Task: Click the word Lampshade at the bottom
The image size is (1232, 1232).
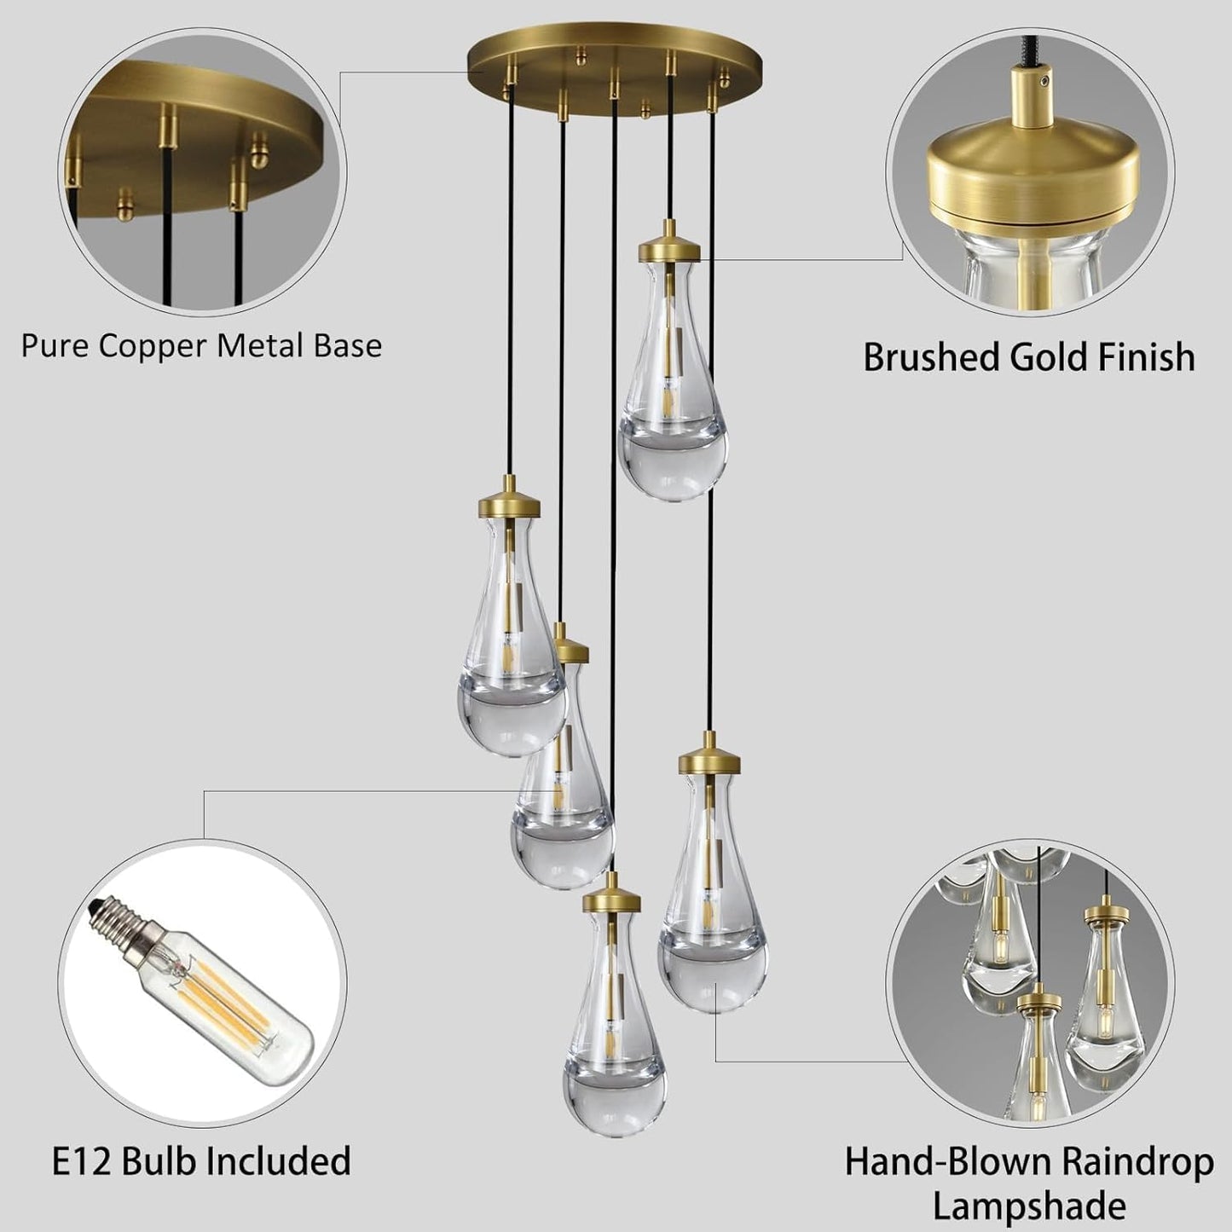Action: click(1029, 1206)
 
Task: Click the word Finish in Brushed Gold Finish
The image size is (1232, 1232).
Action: click(1145, 357)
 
